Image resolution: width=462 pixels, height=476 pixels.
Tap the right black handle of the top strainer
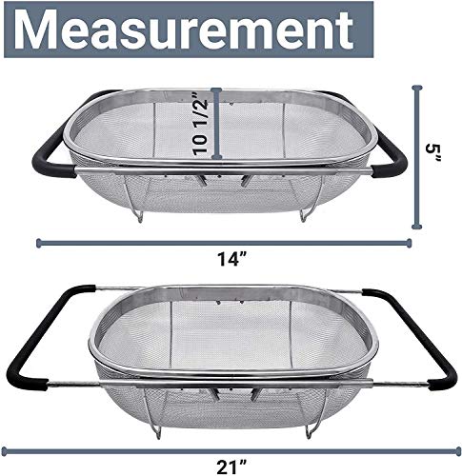[x=391, y=157]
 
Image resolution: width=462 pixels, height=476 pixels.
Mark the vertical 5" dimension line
[x=416, y=157]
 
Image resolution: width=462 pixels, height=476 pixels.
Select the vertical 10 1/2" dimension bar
[x=218, y=124]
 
